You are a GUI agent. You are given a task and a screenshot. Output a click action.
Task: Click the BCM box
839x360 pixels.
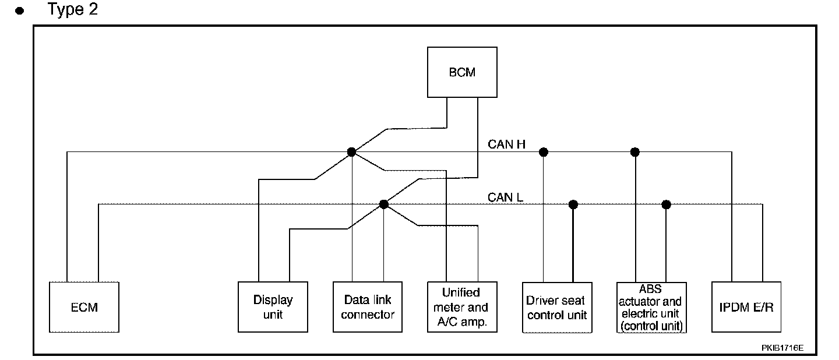(462, 72)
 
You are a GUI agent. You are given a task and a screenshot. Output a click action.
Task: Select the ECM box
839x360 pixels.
(84, 307)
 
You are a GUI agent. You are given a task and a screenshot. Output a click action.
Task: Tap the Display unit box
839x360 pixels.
(273, 307)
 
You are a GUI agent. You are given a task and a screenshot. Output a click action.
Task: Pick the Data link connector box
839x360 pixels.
(368, 307)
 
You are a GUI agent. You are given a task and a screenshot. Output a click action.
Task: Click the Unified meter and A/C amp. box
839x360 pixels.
(461, 307)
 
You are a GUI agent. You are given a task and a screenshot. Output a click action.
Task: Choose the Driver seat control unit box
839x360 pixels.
(557, 307)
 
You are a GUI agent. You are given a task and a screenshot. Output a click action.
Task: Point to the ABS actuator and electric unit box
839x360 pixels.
(651, 307)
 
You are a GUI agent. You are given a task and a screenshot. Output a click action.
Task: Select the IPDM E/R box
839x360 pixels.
(746, 307)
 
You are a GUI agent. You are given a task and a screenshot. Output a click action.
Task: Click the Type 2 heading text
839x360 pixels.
(73, 10)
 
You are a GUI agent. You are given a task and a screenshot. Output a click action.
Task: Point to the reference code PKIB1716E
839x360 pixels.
(782, 348)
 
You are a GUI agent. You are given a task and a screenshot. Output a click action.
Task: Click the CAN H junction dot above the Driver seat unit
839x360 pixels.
(544, 152)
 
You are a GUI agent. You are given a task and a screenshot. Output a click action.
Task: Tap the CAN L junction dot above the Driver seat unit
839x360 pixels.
(573, 204)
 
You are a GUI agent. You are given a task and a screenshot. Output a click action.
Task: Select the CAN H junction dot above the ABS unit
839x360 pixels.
(635, 152)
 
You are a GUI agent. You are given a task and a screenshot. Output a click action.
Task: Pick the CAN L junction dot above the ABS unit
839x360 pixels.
(667, 204)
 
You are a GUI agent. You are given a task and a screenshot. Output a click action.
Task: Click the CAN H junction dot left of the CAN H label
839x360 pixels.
(351, 152)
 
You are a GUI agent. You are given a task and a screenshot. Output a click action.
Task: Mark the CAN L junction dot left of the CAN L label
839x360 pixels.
(383, 204)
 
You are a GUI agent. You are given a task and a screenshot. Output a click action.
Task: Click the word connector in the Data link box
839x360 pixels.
(368, 315)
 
